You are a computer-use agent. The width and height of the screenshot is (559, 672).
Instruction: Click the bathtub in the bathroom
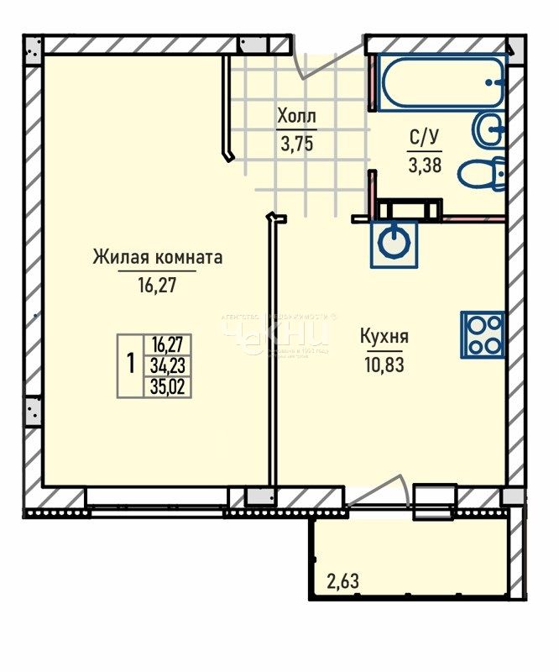pos(440,82)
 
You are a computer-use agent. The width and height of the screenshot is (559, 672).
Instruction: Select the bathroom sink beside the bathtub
pos(488,129)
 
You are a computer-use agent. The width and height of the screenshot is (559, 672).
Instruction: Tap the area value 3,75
pos(297,143)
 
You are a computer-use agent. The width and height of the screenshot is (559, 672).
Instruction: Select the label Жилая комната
pos(158,257)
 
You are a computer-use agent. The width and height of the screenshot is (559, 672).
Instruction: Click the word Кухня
pos(384,337)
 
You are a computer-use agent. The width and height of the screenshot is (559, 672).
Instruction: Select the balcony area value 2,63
pos(342,580)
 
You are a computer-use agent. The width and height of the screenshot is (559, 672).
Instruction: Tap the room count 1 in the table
pos(131,365)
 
